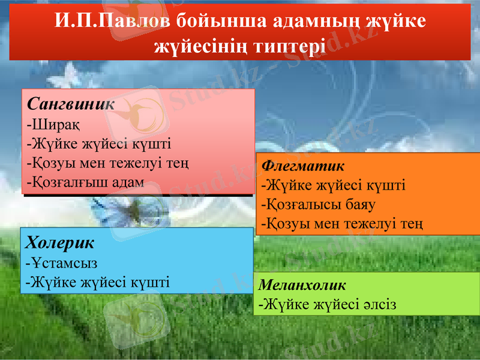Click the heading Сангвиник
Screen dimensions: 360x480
[71, 103]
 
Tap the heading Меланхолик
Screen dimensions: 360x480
[302, 284]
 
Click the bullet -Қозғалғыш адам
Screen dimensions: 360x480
[85, 182]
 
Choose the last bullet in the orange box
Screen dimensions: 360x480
[342, 224]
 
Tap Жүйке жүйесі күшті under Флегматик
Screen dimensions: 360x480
[333, 185]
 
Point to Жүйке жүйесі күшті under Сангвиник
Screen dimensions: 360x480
[99, 143]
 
